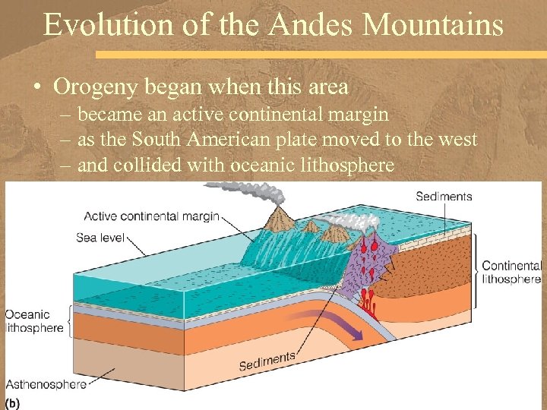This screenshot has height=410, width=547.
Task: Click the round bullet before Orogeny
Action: tap(37, 88)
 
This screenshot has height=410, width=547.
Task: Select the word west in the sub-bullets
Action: tap(455, 139)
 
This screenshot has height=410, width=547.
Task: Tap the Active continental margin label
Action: tap(151, 216)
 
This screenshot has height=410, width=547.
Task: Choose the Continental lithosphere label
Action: tap(512, 272)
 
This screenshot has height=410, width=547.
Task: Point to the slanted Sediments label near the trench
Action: tap(267, 361)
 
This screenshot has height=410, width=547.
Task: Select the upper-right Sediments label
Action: tap(444, 197)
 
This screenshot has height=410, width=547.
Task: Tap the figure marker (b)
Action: tap(13, 401)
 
